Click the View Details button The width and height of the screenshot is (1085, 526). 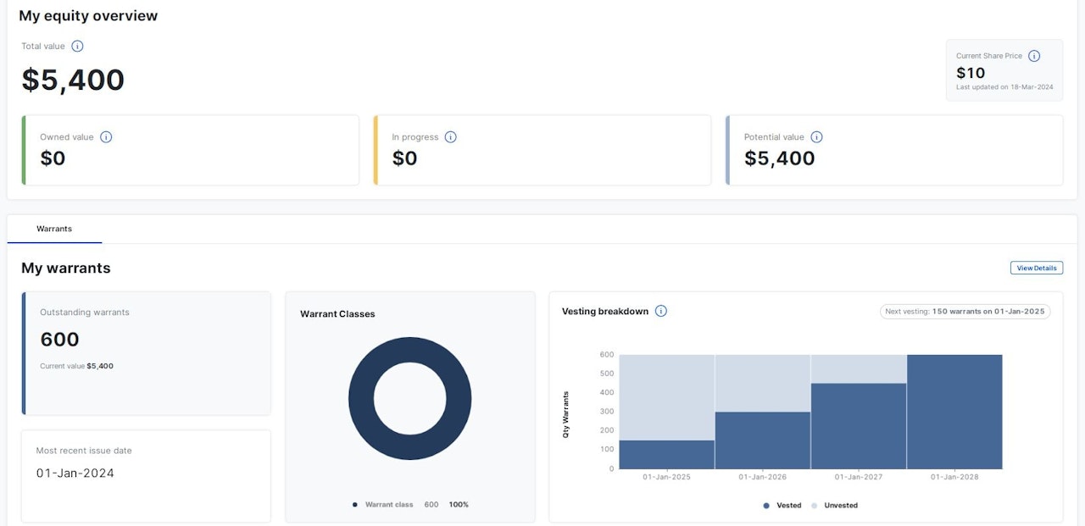tap(1036, 268)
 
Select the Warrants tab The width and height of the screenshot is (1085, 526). tap(54, 229)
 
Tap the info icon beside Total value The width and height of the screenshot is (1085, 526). tap(77, 47)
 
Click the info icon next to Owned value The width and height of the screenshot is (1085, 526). tap(106, 137)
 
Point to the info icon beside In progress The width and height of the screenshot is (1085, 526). tap(450, 137)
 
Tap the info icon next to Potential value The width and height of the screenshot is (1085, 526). tap(816, 137)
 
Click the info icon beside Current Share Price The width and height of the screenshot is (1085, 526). tap(1034, 56)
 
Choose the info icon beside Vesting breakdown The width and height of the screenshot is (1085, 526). tap(661, 311)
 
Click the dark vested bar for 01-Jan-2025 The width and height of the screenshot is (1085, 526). tap(667, 455)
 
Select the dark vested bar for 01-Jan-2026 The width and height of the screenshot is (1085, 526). tap(763, 440)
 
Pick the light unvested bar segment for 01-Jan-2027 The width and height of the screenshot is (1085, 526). tap(859, 368)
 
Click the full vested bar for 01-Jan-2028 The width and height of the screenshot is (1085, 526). tap(954, 412)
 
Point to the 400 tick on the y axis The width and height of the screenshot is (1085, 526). tap(607, 392)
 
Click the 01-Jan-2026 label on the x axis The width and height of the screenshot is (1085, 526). tap(763, 477)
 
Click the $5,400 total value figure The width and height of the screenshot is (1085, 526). tap(73, 80)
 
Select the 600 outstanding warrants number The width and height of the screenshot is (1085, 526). tap(60, 340)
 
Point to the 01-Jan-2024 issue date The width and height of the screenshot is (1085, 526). tap(75, 473)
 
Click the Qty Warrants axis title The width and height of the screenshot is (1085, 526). tap(566, 414)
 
